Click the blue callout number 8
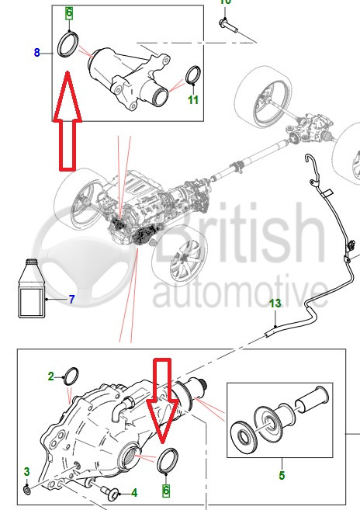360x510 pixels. click(36, 52)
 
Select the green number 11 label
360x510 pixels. click(193, 99)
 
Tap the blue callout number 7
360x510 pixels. click(72, 299)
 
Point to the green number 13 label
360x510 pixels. click(275, 304)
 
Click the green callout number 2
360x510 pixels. click(50, 376)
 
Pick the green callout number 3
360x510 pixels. click(26, 471)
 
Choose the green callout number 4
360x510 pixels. click(134, 493)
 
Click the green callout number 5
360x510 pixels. click(282, 475)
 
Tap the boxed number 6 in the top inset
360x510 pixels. click(69, 13)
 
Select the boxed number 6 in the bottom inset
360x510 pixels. click(166, 491)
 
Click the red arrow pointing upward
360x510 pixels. click(67, 120)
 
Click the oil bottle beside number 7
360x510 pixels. click(32, 288)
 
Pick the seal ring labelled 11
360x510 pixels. click(193, 75)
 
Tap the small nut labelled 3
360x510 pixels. click(27, 490)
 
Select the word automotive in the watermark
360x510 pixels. click(241, 292)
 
